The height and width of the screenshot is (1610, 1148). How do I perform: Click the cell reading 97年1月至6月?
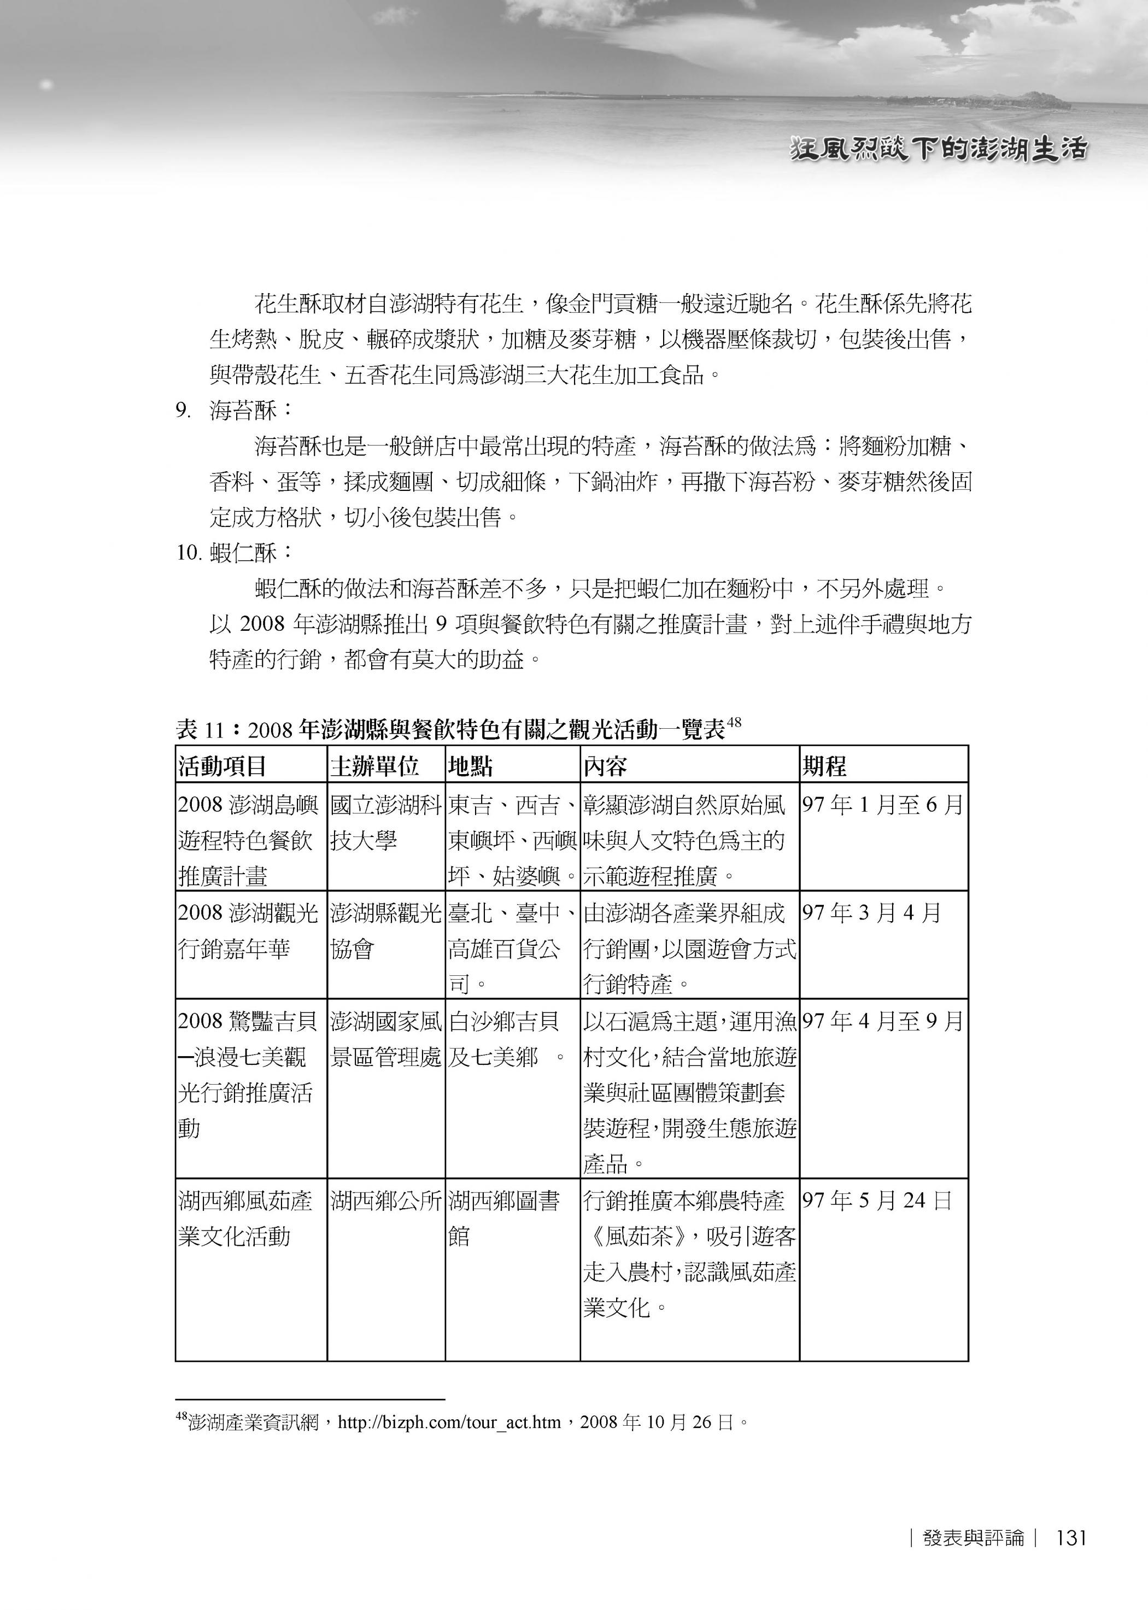click(x=882, y=804)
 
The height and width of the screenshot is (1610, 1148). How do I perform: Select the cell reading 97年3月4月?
click(x=871, y=912)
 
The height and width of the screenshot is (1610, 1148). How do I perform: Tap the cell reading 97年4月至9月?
click(x=882, y=1021)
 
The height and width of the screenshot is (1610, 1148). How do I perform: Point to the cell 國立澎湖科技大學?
click(x=385, y=823)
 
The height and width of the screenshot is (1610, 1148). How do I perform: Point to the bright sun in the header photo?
click(x=46, y=85)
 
